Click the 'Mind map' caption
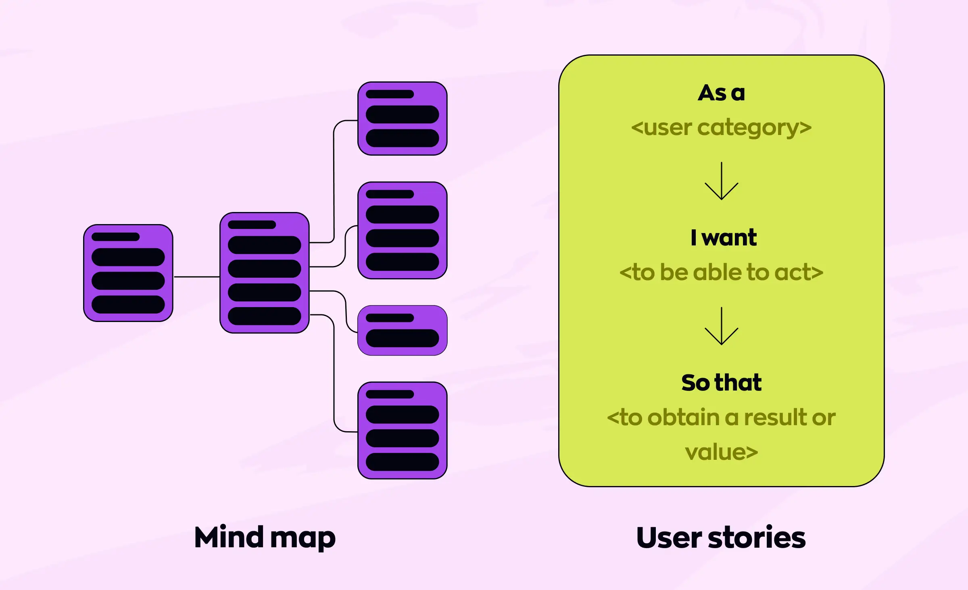point(265,538)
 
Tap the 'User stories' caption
point(721,538)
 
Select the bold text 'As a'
point(721,93)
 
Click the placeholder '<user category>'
point(721,128)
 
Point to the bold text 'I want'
point(724,237)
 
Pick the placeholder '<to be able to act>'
point(721,272)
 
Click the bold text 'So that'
point(721,382)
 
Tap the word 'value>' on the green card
point(721,452)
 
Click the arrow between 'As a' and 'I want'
point(721,181)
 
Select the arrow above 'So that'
point(721,326)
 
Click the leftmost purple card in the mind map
point(128,273)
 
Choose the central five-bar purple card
point(265,273)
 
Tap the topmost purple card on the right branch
point(402,118)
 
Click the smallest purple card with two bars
point(402,330)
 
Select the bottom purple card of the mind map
point(402,430)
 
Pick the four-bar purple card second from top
point(402,230)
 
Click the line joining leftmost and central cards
point(196,277)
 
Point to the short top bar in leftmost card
point(115,237)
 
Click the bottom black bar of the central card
point(265,316)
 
